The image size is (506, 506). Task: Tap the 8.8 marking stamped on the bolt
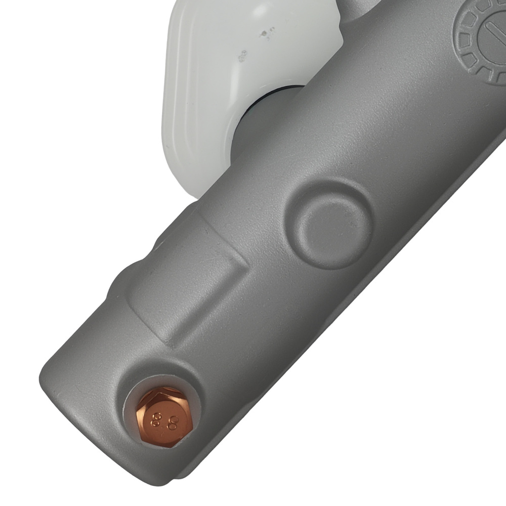pyautogui.click(x=165, y=419)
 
